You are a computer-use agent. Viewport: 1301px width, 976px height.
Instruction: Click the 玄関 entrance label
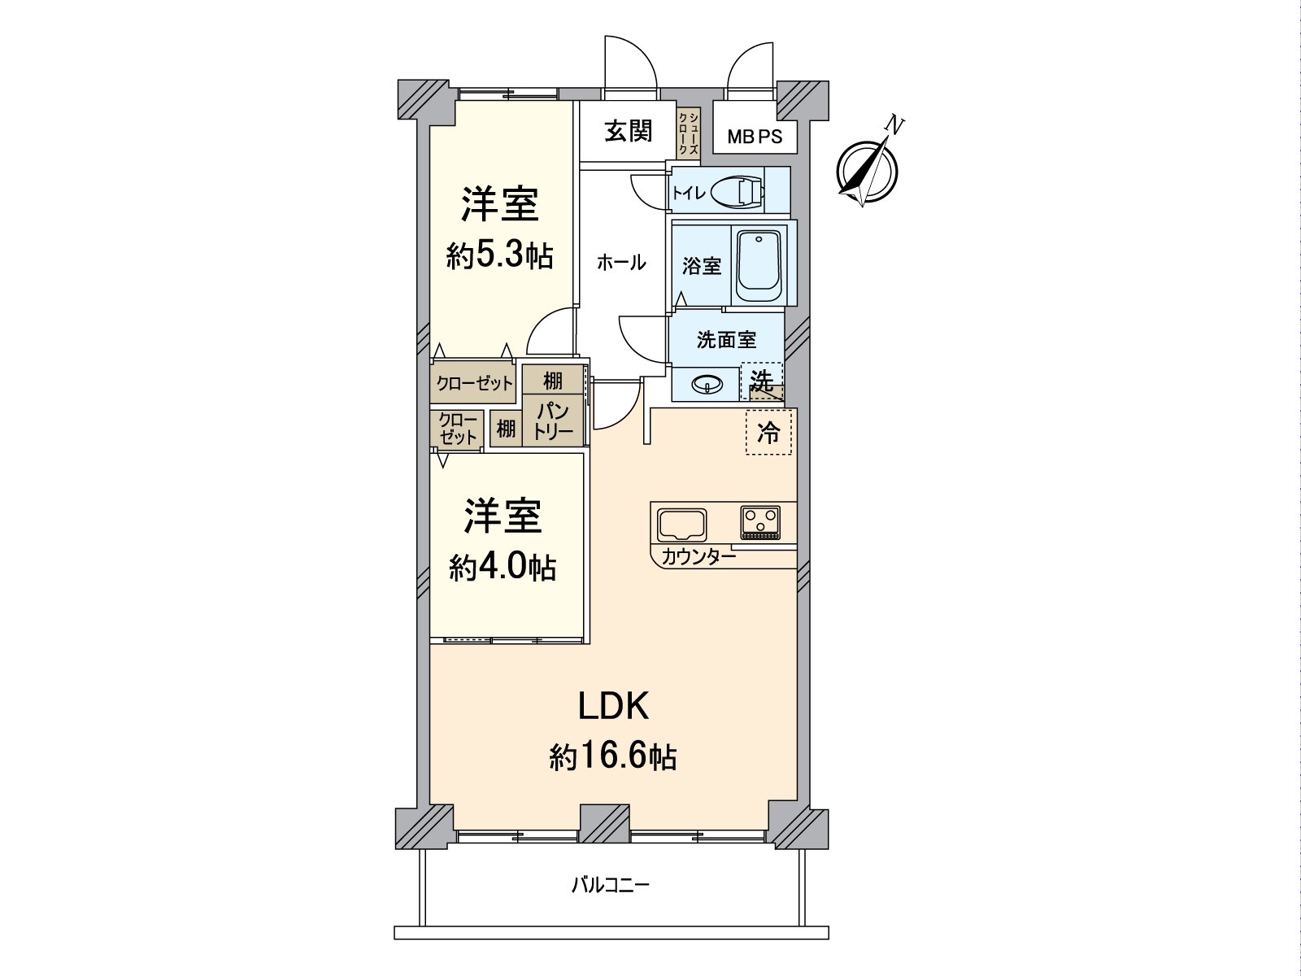[628, 131]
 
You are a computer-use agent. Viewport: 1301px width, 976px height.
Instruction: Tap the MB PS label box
[755, 137]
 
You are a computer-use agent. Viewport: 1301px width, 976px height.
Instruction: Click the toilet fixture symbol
[737, 193]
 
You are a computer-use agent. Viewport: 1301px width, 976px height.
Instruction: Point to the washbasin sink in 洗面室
[707, 384]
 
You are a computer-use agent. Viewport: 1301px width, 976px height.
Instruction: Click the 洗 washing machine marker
[762, 381]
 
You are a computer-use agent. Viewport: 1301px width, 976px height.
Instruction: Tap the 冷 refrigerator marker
[768, 432]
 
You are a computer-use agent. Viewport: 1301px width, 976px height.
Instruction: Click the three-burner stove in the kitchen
[760, 521]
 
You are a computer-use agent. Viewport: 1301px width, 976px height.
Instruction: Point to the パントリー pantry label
[554, 420]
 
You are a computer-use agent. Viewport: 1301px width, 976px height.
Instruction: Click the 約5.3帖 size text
[499, 256]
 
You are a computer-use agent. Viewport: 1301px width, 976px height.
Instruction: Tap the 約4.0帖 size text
[503, 568]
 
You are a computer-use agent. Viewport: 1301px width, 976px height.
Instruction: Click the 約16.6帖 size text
[612, 757]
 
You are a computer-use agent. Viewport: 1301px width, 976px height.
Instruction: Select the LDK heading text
[612, 707]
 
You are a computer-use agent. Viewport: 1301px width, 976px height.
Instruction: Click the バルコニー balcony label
[610, 885]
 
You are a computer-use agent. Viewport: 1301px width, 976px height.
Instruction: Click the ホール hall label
[621, 263]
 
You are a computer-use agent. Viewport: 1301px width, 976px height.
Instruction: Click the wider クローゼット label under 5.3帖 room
[475, 383]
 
